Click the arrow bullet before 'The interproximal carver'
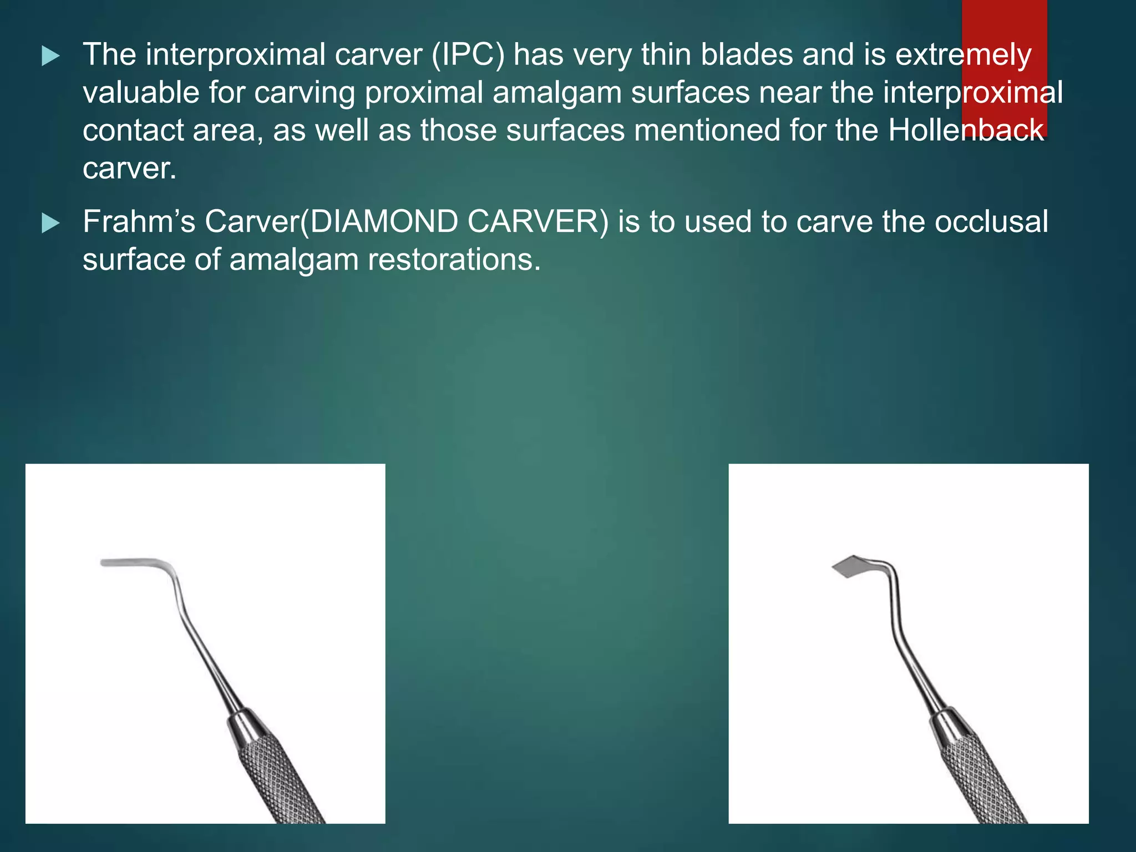50,56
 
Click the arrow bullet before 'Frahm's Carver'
50,224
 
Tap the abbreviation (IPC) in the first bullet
468,55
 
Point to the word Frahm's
139,222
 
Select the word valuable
141,93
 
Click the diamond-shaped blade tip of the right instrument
848,566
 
